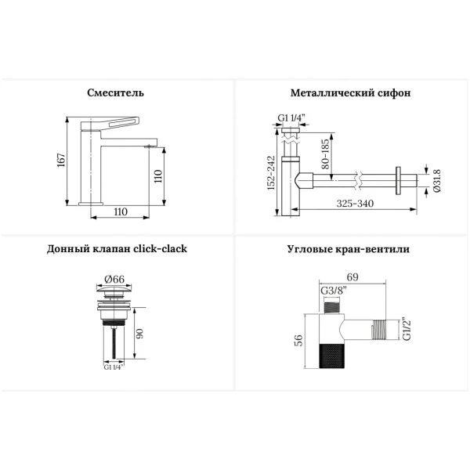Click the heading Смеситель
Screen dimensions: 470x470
point(115,92)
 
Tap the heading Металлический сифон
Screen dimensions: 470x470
point(350,92)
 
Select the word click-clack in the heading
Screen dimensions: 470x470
point(160,248)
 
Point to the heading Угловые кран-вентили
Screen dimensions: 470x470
point(349,249)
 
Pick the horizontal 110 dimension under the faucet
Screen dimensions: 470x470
point(121,211)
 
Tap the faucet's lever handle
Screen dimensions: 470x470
point(110,122)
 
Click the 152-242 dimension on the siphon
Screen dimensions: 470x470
point(271,172)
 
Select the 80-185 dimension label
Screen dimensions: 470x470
point(325,154)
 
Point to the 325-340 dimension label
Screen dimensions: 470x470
point(355,204)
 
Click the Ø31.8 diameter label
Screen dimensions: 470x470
point(437,181)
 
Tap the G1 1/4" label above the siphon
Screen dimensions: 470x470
point(291,117)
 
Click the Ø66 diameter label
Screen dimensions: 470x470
point(114,279)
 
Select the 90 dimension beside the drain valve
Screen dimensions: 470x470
point(139,334)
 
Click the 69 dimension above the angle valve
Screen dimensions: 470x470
point(352,277)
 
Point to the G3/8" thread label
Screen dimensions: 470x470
point(334,291)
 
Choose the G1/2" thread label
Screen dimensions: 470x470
point(407,329)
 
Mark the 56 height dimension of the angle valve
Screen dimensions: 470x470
point(299,340)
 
